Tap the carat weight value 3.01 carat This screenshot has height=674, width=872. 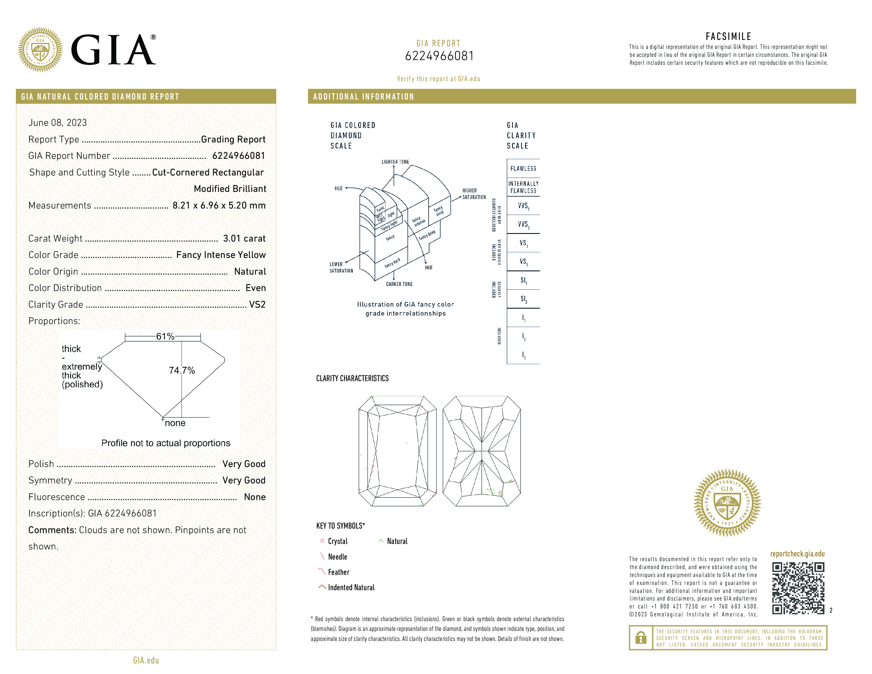pyautogui.click(x=244, y=238)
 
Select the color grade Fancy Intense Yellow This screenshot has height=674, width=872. pyautogui.click(x=221, y=255)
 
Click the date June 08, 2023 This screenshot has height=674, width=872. pyautogui.click(x=58, y=123)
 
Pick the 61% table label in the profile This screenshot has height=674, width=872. pyautogui.click(x=165, y=336)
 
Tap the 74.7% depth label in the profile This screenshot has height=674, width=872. pyautogui.click(x=182, y=371)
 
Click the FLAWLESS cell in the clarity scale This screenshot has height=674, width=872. pyautogui.click(x=523, y=169)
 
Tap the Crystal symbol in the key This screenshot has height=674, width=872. pyautogui.click(x=322, y=541)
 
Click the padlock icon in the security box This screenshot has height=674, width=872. pyautogui.click(x=641, y=638)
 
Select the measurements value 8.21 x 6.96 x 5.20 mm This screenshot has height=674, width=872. pyautogui.click(x=219, y=205)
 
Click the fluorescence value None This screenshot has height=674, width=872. pyautogui.click(x=255, y=497)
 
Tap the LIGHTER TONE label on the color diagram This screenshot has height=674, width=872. pyautogui.click(x=395, y=162)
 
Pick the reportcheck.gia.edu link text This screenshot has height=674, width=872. pyautogui.click(x=797, y=554)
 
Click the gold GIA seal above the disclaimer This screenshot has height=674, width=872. pyautogui.click(x=727, y=502)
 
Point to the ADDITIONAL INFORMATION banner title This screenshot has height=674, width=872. pyautogui.click(x=363, y=97)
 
